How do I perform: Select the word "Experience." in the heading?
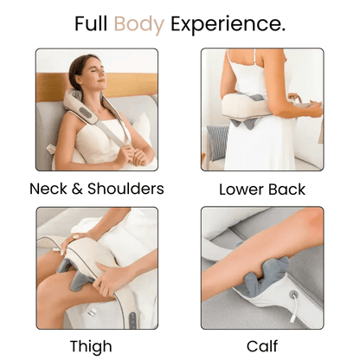228,24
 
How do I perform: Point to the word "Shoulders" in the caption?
125,189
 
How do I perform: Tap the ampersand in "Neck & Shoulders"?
85,189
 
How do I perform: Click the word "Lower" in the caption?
243,189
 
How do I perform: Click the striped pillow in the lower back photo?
216,143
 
